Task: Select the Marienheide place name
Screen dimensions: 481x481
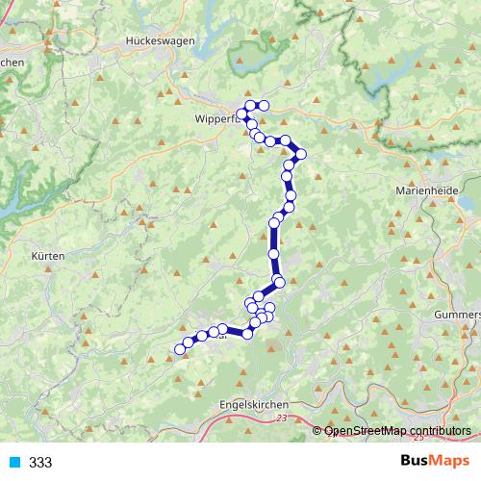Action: pos(421,190)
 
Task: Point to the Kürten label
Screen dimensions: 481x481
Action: pos(47,256)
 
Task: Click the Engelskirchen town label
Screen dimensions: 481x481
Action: pos(254,405)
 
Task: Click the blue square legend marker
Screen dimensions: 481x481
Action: pos(14,463)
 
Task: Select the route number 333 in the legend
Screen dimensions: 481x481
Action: pos(40,463)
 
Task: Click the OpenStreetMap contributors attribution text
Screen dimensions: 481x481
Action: pos(397,430)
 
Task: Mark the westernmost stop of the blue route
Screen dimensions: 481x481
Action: pos(178,349)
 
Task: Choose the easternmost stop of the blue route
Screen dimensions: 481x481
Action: pos(301,154)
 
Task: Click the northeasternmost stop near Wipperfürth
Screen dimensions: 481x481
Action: pos(263,106)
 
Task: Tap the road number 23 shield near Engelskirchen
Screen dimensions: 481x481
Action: pos(281,419)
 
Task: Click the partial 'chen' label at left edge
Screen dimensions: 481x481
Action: pos(11,63)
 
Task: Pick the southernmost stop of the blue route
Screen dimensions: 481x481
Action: pos(178,349)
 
